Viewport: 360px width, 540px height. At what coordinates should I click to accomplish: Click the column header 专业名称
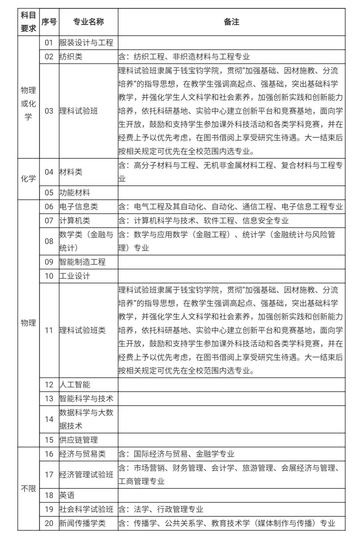[88, 22]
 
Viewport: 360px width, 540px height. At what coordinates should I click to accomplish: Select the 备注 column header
[231, 22]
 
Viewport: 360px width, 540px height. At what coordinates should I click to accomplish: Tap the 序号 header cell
[49, 22]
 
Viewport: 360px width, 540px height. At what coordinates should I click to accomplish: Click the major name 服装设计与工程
[86, 43]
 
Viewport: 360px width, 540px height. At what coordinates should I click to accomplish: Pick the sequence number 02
[49, 57]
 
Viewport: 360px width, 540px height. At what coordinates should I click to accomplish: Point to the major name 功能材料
[75, 193]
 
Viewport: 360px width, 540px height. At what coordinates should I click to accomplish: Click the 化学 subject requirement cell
[28, 179]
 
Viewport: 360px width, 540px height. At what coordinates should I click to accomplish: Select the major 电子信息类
[79, 207]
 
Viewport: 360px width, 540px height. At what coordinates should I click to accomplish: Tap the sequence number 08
[49, 241]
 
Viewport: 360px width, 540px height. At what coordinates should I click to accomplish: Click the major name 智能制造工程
[82, 262]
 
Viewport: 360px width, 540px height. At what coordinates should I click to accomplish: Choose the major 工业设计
[75, 276]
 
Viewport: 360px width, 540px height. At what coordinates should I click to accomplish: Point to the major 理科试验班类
[82, 330]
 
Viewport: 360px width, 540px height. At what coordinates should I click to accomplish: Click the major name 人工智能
[75, 385]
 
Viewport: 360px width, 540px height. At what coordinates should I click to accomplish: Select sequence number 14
[49, 419]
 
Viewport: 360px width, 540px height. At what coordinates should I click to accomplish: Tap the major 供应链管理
[79, 440]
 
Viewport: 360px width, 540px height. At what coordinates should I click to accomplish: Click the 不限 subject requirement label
[28, 489]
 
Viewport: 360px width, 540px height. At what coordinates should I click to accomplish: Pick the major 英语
[67, 495]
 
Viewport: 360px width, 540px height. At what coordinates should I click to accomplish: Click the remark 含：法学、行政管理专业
[161, 509]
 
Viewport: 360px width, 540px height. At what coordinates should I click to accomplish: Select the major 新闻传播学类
[82, 523]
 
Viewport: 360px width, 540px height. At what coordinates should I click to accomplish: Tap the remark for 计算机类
[203, 221]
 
